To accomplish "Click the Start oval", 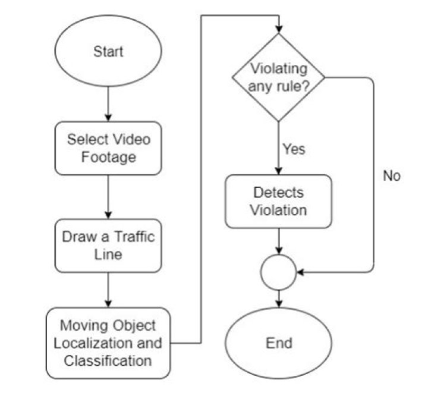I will coord(108,52).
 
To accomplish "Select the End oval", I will coord(278,343).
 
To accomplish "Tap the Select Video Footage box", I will coord(108,149).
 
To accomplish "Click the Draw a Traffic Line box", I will coord(108,245).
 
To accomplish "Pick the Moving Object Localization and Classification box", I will coord(108,343).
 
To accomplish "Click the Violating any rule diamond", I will coord(278,77).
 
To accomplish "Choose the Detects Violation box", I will coord(278,202).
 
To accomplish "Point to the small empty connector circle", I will coord(278,272).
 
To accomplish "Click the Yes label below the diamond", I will coord(294,149).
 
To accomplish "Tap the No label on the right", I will coord(392,176).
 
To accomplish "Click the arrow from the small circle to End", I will coord(278,299).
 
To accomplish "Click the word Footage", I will coord(108,158).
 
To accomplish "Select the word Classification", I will coord(109,360).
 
